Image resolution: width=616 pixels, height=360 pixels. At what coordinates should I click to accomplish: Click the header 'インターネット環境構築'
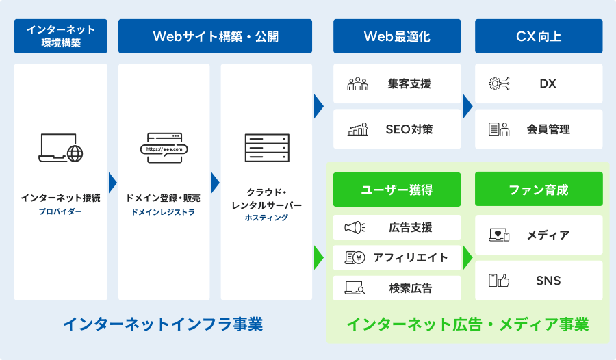pos(61,36)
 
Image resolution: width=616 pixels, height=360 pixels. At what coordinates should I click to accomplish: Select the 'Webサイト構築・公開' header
pos(215,36)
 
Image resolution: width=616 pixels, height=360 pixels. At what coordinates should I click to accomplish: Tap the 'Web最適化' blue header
pos(397,36)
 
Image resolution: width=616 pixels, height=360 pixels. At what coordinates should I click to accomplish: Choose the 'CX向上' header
pos(539,36)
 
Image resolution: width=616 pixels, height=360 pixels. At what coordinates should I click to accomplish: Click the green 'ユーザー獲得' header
pos(397,190)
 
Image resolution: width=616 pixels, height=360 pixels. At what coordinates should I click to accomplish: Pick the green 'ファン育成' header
pos(539,190)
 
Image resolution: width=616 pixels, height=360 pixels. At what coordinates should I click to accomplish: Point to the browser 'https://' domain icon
pos(164,146)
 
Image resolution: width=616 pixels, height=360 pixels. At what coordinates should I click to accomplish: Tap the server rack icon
pos(266,148)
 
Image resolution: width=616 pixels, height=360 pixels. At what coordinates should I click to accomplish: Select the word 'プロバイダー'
pos(60,211)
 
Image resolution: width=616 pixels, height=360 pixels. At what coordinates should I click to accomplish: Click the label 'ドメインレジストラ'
pos(164,212)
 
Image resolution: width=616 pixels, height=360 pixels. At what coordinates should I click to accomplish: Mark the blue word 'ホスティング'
pos(266,218)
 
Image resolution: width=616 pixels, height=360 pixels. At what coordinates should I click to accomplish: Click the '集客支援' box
pos(397,84)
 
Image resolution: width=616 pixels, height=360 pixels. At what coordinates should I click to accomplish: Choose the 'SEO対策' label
pos(409,129)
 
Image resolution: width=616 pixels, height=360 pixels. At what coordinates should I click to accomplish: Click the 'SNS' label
pos(548,281)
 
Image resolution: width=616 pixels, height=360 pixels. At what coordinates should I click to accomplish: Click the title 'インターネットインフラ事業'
pos(163,324)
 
